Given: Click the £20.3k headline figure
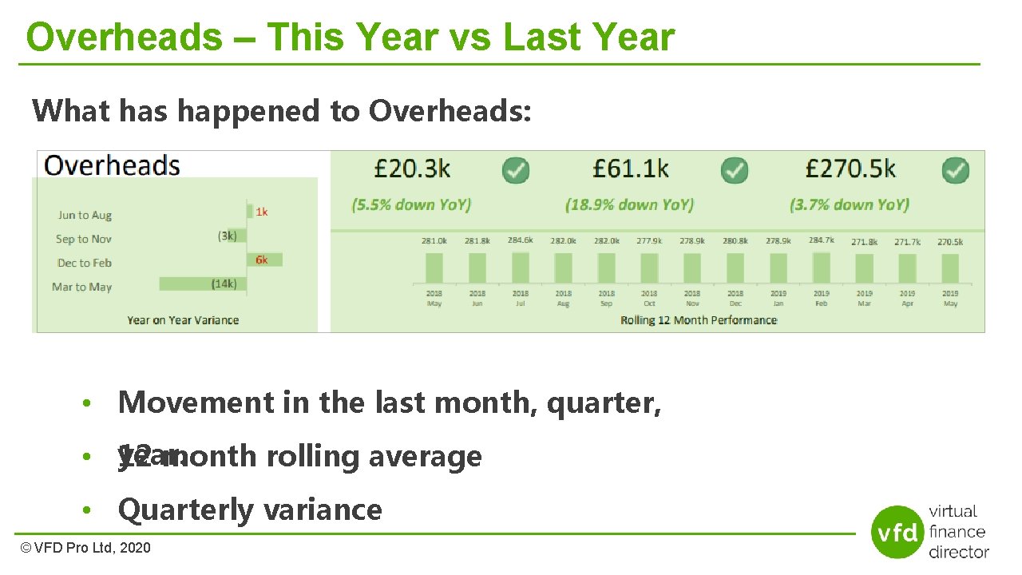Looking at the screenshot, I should (x=412, y=169).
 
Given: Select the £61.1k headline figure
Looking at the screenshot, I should (x=630, y=169).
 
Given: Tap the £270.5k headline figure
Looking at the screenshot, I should (x=850, y=169).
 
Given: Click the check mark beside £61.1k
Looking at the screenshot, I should (x=735, y=169).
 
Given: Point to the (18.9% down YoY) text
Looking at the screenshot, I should (x=629, y=204).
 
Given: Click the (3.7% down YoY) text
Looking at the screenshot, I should (x=850, y=204).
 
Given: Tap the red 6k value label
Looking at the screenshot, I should (x=262, y=260).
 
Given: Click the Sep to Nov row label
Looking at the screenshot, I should (x=84, y=239).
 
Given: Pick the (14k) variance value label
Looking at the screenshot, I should (x=224, y=284).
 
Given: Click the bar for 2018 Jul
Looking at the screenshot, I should (x=521, y=268).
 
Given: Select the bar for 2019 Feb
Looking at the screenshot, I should (x=822, y=268).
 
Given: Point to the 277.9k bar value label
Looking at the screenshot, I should (x=649, y=240).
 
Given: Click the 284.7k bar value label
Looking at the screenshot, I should (x=822, y=240).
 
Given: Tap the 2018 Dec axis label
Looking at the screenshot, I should (x=735, y=298).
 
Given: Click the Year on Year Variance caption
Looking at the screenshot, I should (x=183, y=320).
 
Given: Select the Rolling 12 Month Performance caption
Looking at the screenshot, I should (x=698, y=320).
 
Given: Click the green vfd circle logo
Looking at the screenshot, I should (x=897, y=531).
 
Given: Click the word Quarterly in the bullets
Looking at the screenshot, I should (x=175, y=510).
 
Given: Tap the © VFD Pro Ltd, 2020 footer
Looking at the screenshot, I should (x=85, y=548).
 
